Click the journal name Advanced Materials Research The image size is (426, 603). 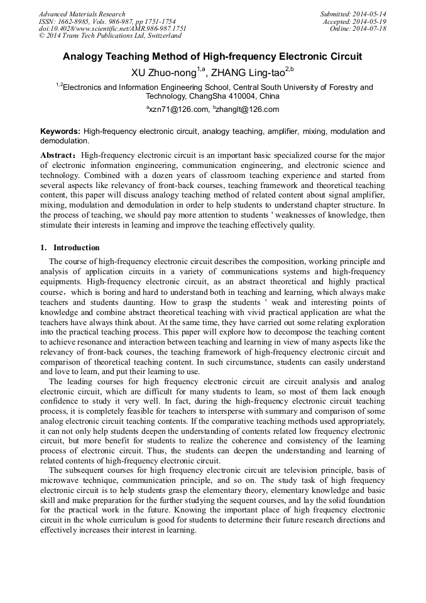[82, 14]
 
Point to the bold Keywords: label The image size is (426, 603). [60, 131]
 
